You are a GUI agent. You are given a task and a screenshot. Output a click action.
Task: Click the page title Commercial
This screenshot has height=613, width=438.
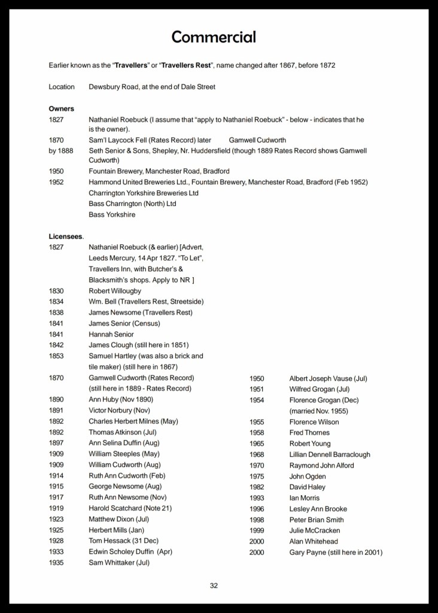click(214, 37)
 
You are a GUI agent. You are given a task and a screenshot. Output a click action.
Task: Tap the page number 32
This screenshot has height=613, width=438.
click(214, 585)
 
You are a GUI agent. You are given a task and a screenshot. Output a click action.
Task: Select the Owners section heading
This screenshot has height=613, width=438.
click(61, 109)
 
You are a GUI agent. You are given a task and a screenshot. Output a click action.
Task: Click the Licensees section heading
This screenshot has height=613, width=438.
click(66, 236)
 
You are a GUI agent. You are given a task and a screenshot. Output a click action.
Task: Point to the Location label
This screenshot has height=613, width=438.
click(62, 87)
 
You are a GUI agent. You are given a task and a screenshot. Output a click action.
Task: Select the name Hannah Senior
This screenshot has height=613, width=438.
click(111, 334)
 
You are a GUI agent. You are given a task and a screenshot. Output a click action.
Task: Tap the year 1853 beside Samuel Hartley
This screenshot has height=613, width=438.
click(56, 356)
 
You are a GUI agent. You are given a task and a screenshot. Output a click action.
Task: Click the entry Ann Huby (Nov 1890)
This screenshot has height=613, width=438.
click(121, 399)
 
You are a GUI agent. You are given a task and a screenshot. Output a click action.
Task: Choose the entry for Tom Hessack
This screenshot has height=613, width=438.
click(124, 541)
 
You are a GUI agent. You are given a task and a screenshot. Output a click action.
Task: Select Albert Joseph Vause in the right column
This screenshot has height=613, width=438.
click(328, 378)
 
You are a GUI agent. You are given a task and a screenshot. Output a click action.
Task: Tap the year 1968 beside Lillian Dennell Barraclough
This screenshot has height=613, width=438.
click(257, 454)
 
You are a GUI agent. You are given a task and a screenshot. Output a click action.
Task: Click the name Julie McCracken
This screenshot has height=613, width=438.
click(315, 530)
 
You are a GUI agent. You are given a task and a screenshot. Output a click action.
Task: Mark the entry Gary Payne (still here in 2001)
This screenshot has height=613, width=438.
click(336, 552)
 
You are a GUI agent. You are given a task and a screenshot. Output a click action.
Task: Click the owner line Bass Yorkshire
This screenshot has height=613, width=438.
click(112, 214)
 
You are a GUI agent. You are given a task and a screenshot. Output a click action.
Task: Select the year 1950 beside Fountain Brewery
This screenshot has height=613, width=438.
click(56, 171)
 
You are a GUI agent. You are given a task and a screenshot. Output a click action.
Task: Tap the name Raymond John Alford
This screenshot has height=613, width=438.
click(321, 465)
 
